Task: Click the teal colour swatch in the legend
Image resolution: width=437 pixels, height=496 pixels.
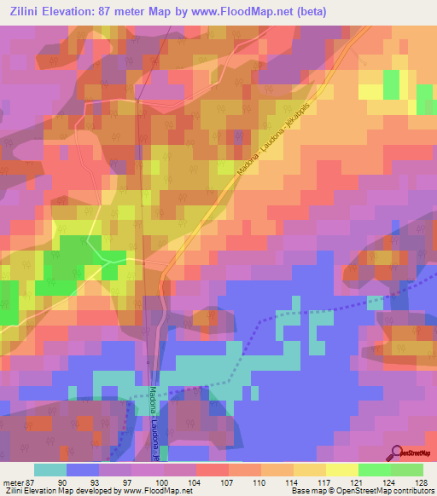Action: (50, 470)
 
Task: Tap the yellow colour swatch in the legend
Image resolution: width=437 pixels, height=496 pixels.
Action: (342, 470)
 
